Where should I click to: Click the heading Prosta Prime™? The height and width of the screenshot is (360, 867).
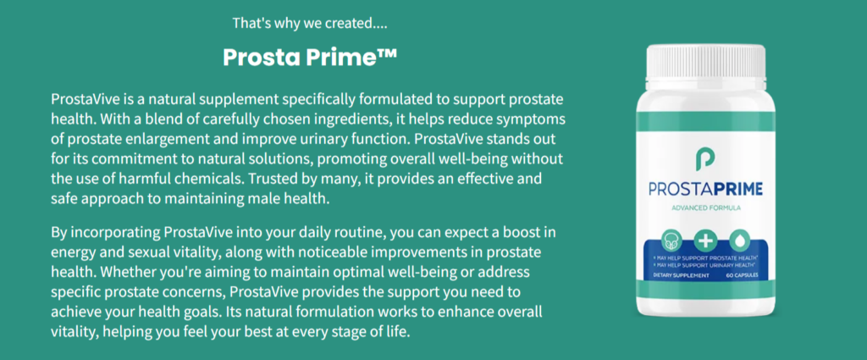(x=310, y=57)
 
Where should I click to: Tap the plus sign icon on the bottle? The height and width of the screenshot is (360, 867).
(x=706, y=241)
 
